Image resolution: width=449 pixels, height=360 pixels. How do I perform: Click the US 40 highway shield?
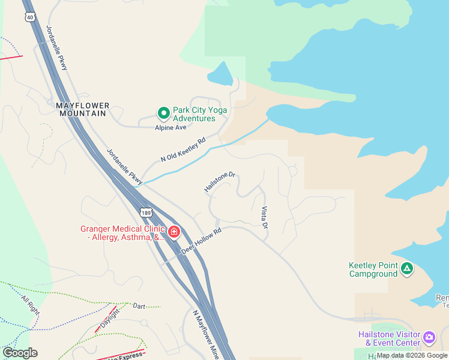(30, 17)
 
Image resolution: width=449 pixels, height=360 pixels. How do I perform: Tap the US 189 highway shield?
(146, 212)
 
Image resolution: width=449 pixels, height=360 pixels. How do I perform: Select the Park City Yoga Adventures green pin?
(163, 113)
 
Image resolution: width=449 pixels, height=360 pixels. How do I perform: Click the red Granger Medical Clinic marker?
(174, 232)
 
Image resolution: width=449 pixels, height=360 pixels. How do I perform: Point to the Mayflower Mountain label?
(83, 109)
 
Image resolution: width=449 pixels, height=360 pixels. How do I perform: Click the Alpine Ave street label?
(171, 127)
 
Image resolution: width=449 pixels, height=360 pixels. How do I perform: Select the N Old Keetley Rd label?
(183, 150)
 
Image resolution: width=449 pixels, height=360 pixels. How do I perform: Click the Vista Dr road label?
(264, 218)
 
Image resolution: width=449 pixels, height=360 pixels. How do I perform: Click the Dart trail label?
(139, 306)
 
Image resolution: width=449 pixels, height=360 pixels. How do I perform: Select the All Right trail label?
(29, 303)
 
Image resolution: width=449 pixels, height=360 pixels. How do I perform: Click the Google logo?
(20, 353)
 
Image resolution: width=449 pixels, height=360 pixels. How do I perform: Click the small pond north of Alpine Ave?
(220, 74)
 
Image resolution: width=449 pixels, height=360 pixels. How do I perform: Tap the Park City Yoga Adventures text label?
(194, 114)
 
